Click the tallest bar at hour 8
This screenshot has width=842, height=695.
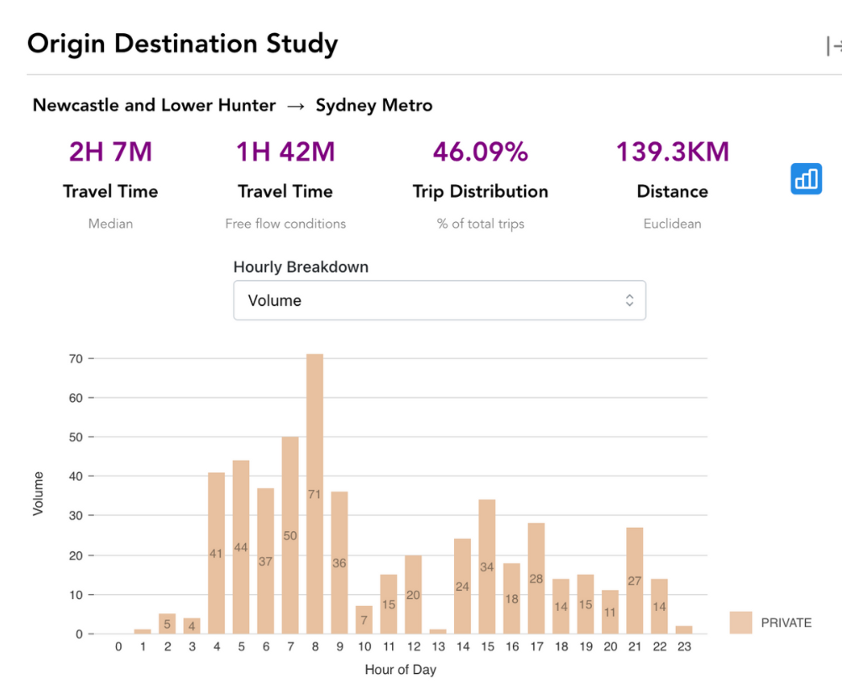click(315, 494)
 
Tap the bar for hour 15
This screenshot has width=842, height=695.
click(487, 566)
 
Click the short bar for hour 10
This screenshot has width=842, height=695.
click(364, 620)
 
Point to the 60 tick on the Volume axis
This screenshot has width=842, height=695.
click(76, 398)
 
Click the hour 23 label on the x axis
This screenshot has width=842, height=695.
click(684, 647)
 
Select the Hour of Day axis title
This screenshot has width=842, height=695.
click(400, 669)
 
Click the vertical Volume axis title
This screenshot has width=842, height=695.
click(38, 494)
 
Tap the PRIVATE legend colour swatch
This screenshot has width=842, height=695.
click(741, 622)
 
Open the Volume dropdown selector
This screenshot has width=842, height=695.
click(439, 300)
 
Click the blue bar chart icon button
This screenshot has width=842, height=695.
click(806, 179)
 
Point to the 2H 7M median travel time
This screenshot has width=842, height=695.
click(110, 152)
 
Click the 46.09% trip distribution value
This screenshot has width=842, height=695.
click(480, 152)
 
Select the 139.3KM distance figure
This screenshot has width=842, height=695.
click(672, 152)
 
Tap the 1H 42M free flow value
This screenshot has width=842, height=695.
click(286, 152)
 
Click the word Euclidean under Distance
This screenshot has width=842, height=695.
click(672, 224)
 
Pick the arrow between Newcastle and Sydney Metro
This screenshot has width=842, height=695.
click(296, 106)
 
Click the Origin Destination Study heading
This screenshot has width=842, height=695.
click(182, 44)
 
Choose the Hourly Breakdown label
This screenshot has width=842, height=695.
click(301, 267)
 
